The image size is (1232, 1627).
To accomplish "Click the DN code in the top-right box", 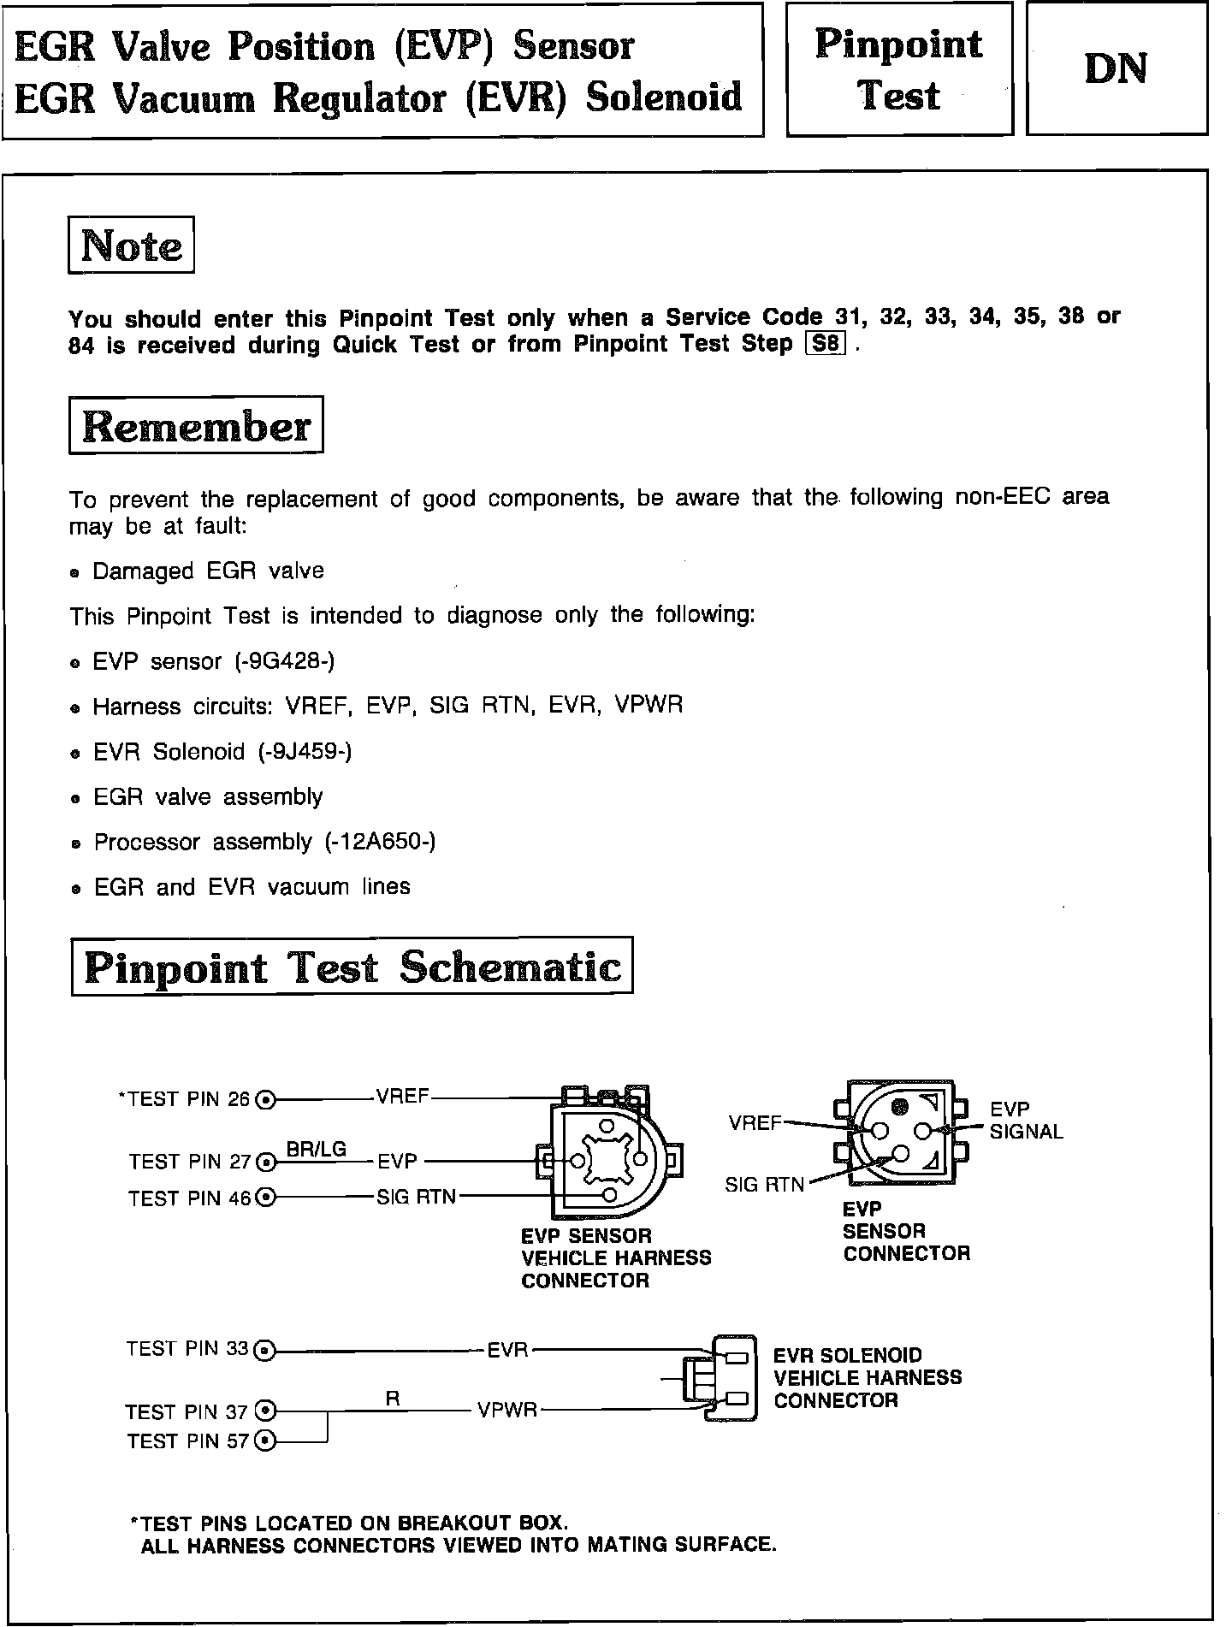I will point(1116,69).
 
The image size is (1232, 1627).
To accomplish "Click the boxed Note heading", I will point(131,246).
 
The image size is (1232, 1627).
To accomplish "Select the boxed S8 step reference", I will point(826,345).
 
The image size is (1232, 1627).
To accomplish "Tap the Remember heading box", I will point(196,425).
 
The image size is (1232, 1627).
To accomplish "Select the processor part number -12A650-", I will point(380,842).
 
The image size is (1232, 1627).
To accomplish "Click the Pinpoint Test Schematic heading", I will point(352,967).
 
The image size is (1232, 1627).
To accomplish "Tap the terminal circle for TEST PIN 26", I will point(266,1100).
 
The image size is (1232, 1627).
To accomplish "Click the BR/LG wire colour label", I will point(317,1149).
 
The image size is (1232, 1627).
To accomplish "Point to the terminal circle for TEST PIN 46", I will point(266,1198).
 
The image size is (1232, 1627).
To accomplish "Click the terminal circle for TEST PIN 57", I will point(266,1441).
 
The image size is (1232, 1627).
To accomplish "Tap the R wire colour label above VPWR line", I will point(393,1399).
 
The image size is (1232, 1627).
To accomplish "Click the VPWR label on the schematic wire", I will point(507,1411).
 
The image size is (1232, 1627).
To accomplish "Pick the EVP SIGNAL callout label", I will point(1025,1121).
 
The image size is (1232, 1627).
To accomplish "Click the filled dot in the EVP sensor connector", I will point(899,1107).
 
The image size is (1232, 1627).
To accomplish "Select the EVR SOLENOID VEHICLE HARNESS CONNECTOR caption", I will point(867,1377).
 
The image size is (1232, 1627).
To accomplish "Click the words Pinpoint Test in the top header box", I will point(898,69).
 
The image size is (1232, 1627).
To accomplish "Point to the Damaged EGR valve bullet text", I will point(208,571).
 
